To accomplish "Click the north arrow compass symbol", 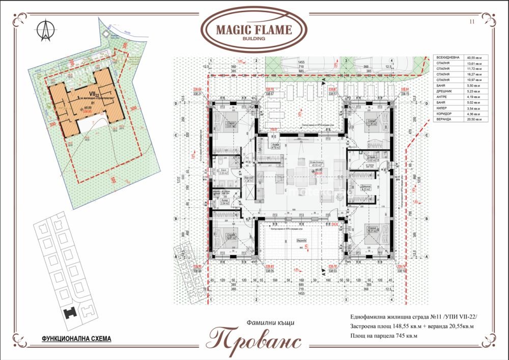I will [x=45, y=31].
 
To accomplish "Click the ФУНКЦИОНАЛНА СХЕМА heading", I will [x=69, y=338].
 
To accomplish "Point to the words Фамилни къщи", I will [x=270, y=322].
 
